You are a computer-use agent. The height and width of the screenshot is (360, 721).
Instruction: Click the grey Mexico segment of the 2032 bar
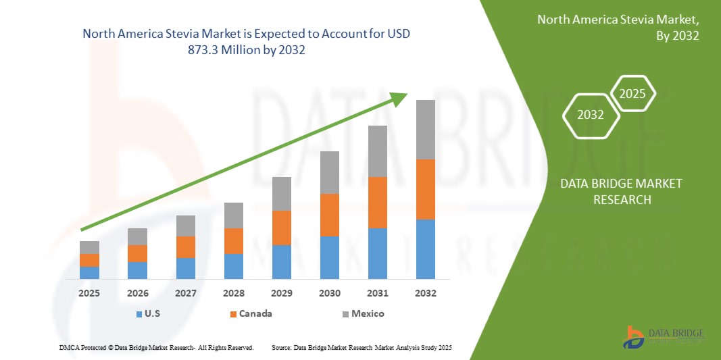tap(426, 130)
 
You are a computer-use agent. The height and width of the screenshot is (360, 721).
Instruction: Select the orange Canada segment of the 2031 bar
tap(378, 203)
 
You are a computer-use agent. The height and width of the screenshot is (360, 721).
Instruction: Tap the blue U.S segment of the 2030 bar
tap(330, 257)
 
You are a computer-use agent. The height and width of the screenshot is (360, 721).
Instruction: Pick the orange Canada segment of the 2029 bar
tap(282, 228)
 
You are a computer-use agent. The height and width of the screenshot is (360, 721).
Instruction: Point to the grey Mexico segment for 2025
tap(89, 247)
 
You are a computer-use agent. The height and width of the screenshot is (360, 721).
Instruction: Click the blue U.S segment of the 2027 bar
tap(186, 268)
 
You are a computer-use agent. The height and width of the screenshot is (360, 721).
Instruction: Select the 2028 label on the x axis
tap(234, 294)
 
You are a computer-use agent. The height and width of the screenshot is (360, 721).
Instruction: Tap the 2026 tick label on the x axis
tap(138, 294)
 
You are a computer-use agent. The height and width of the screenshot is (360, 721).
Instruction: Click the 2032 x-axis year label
tap(426, 294)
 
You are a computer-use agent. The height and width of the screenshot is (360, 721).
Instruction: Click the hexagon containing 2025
tap(632, 94)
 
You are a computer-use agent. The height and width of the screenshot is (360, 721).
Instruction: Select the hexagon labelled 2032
tap(591, 115)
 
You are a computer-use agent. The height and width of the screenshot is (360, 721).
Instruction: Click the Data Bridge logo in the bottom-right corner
tap(665, 337)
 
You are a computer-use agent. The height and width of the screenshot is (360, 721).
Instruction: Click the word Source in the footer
tap(281, 347)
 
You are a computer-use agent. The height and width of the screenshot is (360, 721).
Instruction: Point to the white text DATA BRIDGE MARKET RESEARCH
tap(621, 191)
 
